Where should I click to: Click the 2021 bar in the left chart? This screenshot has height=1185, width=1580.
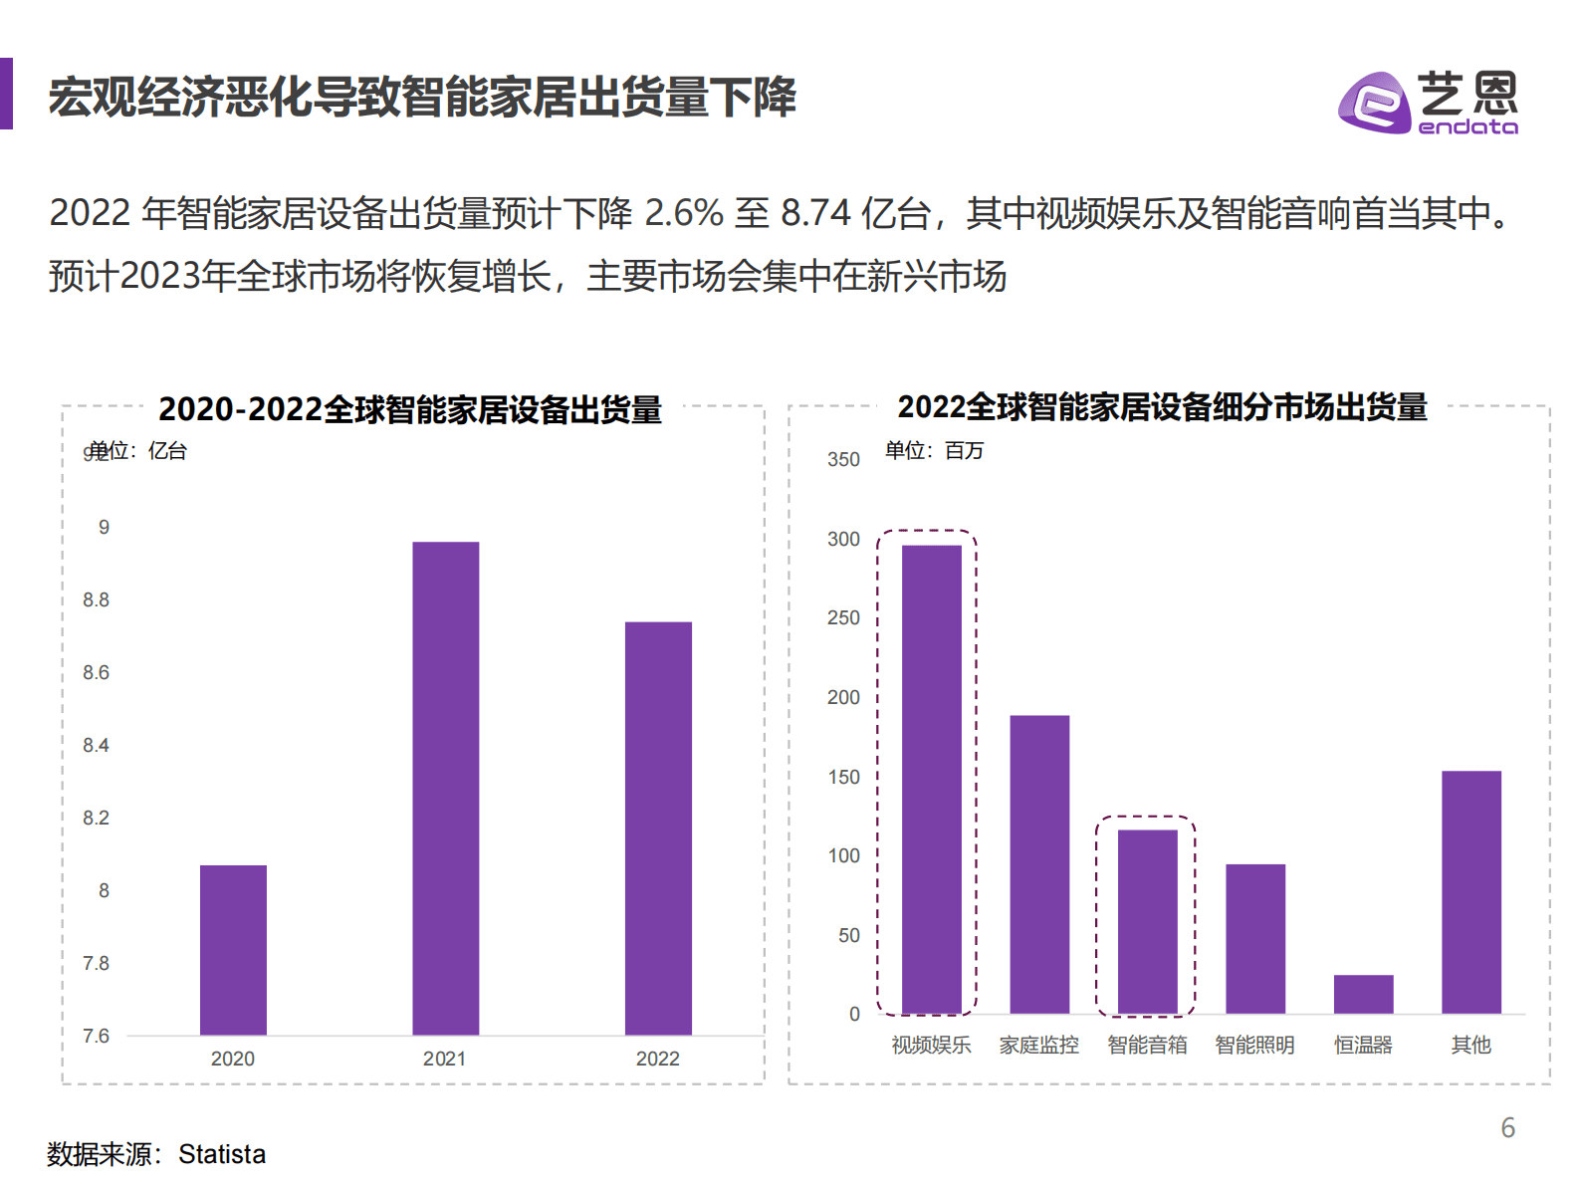coord(445,788)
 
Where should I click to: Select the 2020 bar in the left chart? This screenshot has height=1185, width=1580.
coord(233,949)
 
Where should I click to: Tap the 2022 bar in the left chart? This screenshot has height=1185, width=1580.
coord(658,828)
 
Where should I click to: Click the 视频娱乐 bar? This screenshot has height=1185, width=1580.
coord(931,779)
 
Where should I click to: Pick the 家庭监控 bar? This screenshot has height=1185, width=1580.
coord(1039,863)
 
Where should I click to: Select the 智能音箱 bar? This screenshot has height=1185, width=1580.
coord(1147,921)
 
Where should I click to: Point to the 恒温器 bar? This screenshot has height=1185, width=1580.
coord(1363,994)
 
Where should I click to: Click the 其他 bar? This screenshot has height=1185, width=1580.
coord(1470,891)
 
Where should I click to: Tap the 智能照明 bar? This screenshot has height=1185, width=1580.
coord(1254,938)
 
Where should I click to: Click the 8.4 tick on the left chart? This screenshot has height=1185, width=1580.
coord(96,745)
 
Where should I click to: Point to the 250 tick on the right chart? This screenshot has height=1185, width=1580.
coord(843,617)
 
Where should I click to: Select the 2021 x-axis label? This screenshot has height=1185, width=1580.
coord(444,1059)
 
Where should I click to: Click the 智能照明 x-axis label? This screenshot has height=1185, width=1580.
coord(1254,1045)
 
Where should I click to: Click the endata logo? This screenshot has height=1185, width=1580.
coord(1427,101)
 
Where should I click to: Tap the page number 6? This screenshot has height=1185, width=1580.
coord(1507,1127)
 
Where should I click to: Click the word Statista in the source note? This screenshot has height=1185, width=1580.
coord(222,1154)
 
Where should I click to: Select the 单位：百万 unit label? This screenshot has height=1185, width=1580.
coord(934,450)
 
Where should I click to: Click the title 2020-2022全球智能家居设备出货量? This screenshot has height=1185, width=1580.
coord(410,409)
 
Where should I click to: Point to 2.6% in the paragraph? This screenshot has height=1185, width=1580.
coord(684,213)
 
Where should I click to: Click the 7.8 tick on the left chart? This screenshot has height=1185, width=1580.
coord(96,963)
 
